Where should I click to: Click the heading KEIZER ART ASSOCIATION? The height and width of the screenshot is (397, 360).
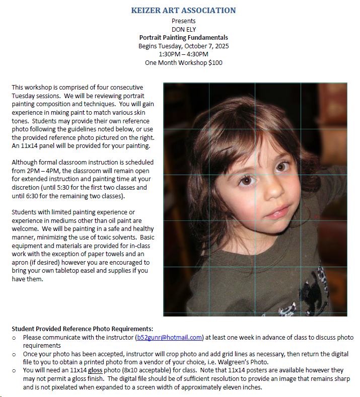coord(183,10)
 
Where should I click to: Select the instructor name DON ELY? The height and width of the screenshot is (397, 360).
coord(183,29)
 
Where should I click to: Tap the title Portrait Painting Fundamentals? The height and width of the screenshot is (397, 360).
coord(183,38)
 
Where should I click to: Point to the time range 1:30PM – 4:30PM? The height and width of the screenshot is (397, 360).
coord(183,54)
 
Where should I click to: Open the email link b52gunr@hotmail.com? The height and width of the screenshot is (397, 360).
coord(169,338)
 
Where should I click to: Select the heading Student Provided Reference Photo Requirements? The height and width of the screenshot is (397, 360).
coord(82,329)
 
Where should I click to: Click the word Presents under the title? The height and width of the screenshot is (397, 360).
coord(183,21)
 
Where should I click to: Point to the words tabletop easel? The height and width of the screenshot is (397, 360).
coord(74,270)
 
